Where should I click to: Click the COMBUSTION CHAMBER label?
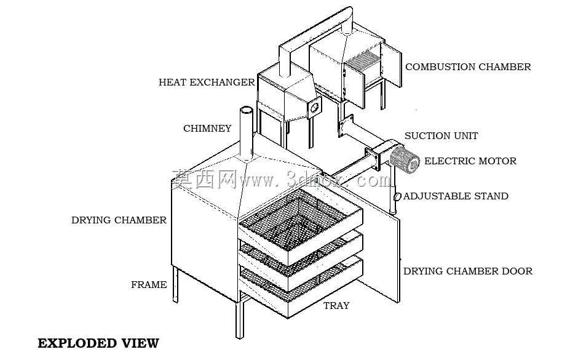tap(468, 67)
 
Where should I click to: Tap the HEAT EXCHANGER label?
tap(207, 82)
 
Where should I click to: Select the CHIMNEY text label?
tap(207, 129)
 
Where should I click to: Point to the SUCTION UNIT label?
tap(441, 136)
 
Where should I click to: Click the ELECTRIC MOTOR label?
tap(470, 161)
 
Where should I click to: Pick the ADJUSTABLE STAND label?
tap(456, 196)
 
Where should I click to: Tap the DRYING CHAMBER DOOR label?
tap(468, 271)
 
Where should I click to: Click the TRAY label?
tap(336, 306)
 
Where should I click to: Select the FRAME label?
tap(149, 285)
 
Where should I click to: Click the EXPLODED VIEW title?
tap(98, 343)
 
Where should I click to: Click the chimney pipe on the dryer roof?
tap(246, 134)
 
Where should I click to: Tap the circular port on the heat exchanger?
tap(315, 107)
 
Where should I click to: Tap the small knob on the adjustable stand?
tap(397, 197)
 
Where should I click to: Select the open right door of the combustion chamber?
tap(392, 65)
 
